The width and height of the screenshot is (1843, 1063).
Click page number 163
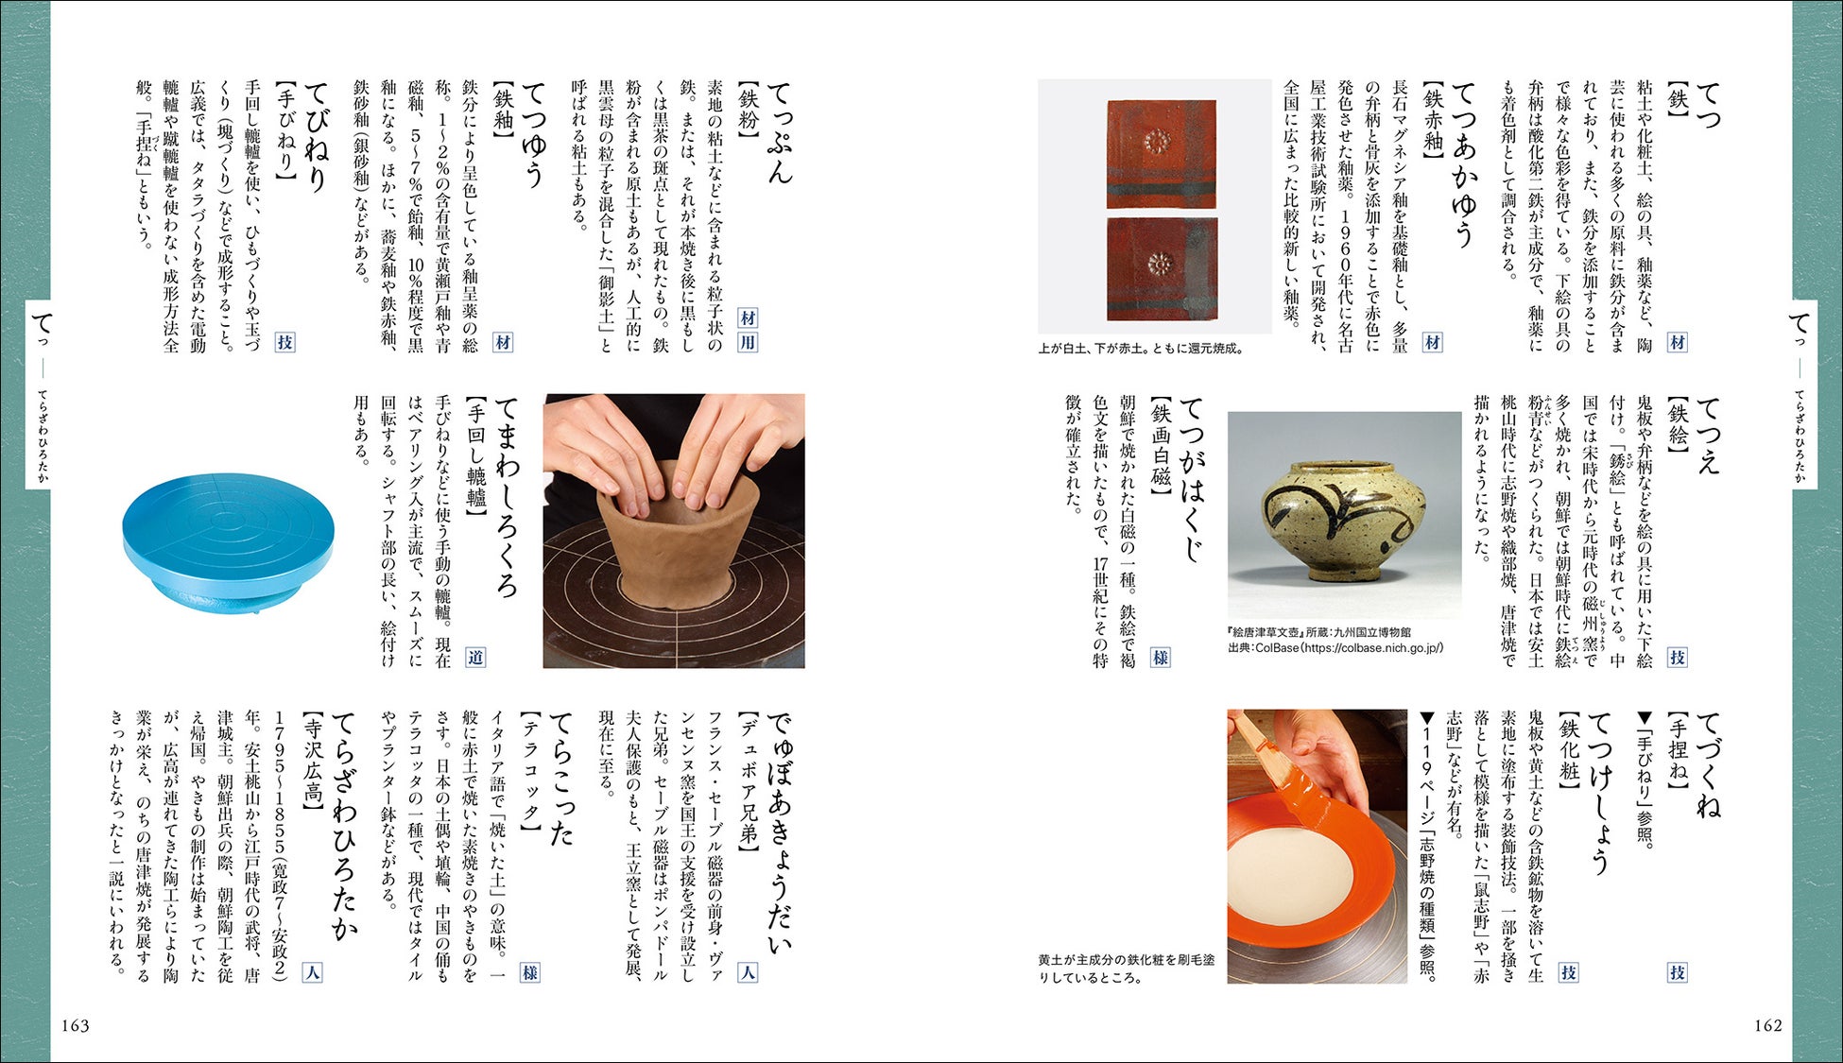[x=75, y=1025]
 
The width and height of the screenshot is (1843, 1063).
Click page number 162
[x=1767, y=1025]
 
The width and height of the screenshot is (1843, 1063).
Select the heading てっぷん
[x=778, y=132]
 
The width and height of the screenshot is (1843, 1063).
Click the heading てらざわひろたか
[x=342, y=826]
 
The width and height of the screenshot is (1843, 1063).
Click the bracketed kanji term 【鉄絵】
[x=1678, y=424]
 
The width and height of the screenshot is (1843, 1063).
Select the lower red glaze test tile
[x=1162, y=269]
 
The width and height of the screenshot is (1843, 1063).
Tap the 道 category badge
[x=475, y=657]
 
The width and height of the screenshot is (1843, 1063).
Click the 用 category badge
[x=748, y=342]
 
